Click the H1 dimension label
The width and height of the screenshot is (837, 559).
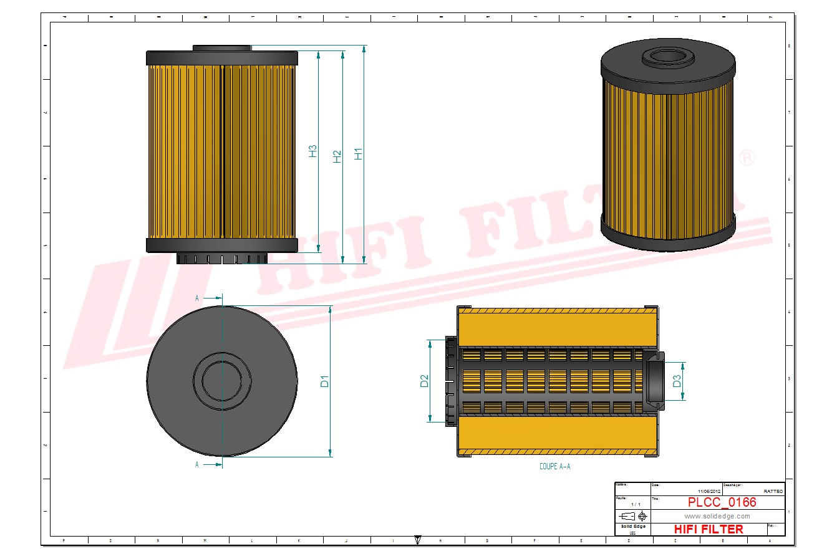tap(359, 153)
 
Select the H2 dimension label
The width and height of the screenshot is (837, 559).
tap(337, 156)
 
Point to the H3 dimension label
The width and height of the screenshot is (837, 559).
tap(313, 151)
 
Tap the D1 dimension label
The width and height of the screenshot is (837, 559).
tap(324, 381)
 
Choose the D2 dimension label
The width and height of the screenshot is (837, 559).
tap(425, 381)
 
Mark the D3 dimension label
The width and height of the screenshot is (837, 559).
tap(677, 381)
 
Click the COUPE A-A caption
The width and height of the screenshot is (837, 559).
tap(554, 466)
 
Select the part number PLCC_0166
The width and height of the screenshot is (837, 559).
tap(722, 502)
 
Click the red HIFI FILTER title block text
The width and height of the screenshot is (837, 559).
tap(709, 529)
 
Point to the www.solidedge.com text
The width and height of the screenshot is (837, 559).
tap(717, 516)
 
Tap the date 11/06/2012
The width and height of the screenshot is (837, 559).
tap(709, 491)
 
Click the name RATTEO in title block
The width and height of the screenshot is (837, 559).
tap(773, 491)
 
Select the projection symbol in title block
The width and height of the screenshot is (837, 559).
tap(632, 516)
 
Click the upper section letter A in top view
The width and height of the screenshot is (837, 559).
tap(197, 299)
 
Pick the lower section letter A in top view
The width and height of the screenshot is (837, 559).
tap(197, 464)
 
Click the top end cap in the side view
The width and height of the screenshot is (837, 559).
tap(222, 59)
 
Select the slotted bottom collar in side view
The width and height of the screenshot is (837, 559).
tap(221, 259)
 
